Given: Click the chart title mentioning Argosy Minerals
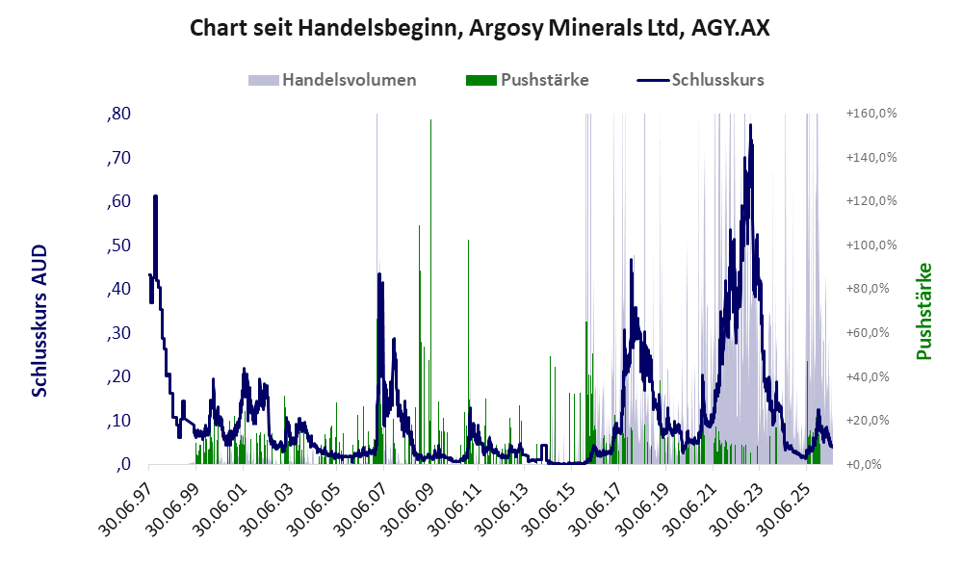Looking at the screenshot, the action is click(x=480, y=28).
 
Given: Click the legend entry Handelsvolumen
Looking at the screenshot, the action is click(x=332, y=80).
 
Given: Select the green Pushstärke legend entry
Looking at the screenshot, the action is click(x=527, y=80).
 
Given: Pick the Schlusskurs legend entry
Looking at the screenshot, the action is click(x=700, y=80).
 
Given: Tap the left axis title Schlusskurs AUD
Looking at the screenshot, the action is click(x=39, y=321).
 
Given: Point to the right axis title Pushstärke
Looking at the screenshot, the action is click(x=923, y=311).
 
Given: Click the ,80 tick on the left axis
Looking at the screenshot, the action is click(x=118, y=114).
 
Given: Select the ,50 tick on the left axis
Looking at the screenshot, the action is click(x=118, y=245).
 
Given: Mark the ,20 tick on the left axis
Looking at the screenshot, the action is click(x=118, y=376).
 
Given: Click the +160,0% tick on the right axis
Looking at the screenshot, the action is click(x=871, y=114).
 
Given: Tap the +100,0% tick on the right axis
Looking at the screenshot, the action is click(x=871, y=245).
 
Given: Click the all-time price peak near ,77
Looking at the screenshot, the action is click(x=751, y=125).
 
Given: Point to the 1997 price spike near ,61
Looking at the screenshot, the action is click(x=155, y=197).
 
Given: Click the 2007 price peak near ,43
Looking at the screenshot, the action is click(x=379, y=275).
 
